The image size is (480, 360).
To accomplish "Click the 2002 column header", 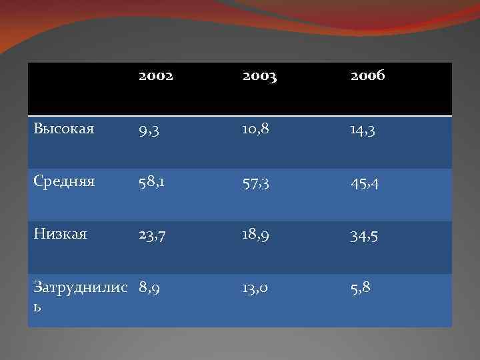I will (156, 77).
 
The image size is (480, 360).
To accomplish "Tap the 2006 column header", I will (367, 77).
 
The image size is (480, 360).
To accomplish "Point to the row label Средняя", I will (64, 181).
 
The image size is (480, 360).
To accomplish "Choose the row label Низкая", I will (60, 234).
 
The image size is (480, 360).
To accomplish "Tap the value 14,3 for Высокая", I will (365, 129).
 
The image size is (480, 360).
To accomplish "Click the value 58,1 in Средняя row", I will (153, 182).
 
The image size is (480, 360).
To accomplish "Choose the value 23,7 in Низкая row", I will (154, 235).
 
